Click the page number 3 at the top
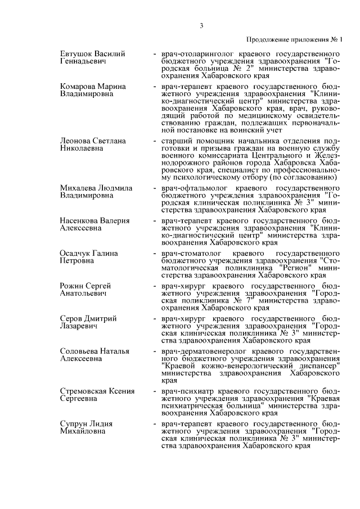point(200,24)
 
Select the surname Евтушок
point(76,53)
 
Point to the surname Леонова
point(75,141)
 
